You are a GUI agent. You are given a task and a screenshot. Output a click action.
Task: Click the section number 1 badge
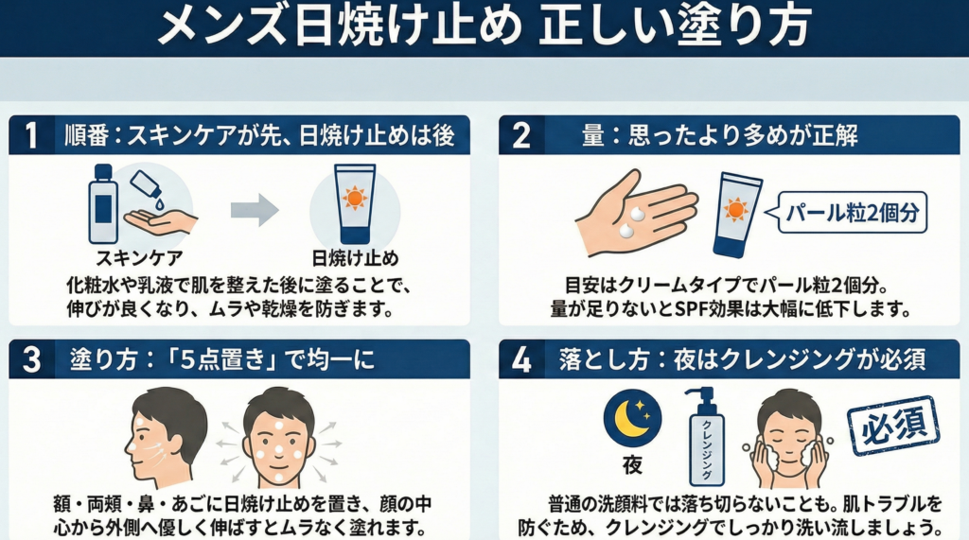pyautogui.click(x=31, y=134)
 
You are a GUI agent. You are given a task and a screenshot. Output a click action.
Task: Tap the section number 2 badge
pyautogui.click(x=521, y=134)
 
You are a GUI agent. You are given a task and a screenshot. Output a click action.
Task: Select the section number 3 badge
pyautogui.click(x=31, y=359)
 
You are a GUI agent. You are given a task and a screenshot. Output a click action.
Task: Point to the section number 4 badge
pyautogui.click(x=521, y=359)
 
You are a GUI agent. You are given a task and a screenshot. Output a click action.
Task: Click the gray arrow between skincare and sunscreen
pyautogui.click(x=255, y=210)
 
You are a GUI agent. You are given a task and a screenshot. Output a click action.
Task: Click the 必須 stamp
pyautogui.click(x=893, y=426)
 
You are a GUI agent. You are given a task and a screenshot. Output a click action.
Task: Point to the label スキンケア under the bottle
pyautogui.click(x=139, y=257)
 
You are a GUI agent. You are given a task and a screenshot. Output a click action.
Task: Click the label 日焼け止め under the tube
pyautogui.click(x=355, y=257)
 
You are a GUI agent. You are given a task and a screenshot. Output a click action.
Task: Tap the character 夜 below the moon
pyautogui.click(x=632, y=464)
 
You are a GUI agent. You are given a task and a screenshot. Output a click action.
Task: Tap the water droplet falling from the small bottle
pyautogui.click(x=159, y=201)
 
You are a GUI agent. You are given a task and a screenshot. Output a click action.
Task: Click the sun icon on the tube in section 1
pyautogui.click(x=355, y=197)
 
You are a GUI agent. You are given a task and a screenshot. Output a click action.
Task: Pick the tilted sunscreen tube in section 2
pyautogui.click(x=737, y=215)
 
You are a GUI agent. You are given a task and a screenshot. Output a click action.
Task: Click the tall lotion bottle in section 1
pyautogui.click(x=103, y=204)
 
